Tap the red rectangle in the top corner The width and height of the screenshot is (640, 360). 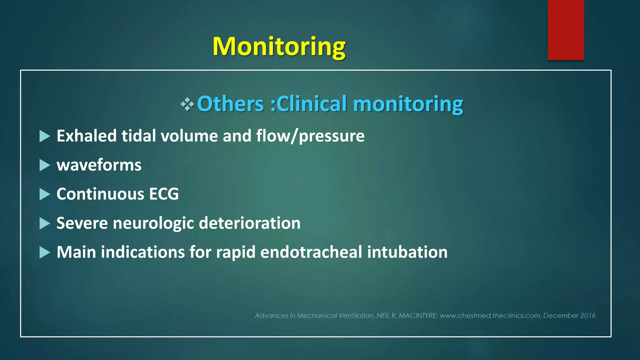click(x=566, y=30)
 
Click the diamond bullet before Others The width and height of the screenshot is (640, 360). click(x=187, y=104)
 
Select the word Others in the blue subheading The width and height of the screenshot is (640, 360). click(x=231, y=104)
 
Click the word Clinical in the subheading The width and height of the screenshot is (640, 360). click(x=312, y=104)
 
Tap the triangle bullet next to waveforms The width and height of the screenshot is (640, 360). click(x=45, y=165)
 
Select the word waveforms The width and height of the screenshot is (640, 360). click(x=99, y=165)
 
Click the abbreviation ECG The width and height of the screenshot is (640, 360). click(x=164, y=194)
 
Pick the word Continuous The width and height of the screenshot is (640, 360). click(x=100, y=194)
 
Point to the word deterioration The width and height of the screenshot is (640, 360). click(x=250, y=223)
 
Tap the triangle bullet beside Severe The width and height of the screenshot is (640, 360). click(x=45, y=223)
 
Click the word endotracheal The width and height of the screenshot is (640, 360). click(x=311, y=252)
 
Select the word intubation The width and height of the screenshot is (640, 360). click(x=407, y=252)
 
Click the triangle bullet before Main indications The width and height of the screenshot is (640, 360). click(x=45, y=252)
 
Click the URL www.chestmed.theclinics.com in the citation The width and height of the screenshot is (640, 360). click(x=490, y=316)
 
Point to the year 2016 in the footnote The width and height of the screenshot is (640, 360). click(x=588, y=316)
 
